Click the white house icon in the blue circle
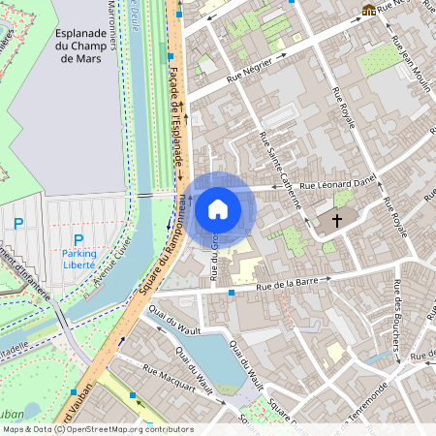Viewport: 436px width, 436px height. [x=218, y=208]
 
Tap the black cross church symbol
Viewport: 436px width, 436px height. [x=338, y=221]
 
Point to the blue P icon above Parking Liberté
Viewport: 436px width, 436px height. [x=78, y=239]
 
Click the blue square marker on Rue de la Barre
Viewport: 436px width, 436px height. [x=232, y=291]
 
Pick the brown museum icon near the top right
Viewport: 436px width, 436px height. [x=368, y=10]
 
